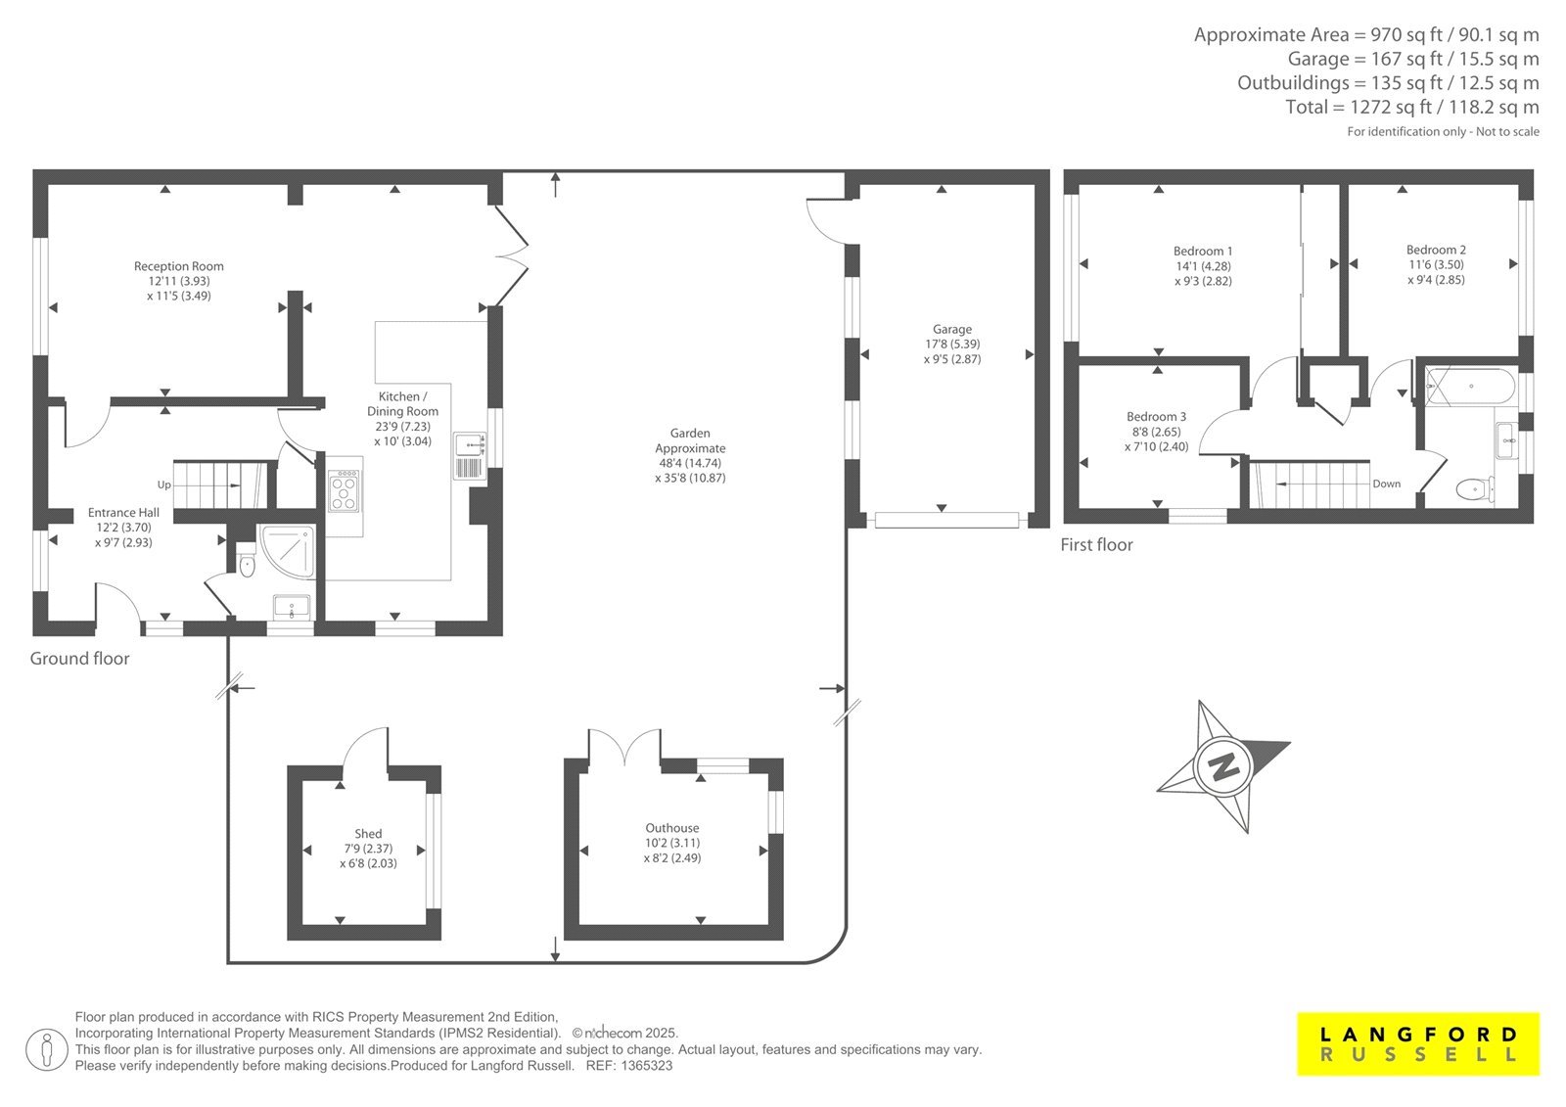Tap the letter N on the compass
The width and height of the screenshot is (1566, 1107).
pos(1222,767)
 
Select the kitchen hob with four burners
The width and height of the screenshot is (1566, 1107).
pos(345,491)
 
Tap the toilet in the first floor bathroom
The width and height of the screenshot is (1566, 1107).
pos(1475,488)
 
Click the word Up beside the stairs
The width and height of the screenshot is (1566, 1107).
pos(164,484)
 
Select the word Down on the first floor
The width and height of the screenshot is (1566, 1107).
pos(1386,484)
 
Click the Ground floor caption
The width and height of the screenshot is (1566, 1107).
pos(79,659)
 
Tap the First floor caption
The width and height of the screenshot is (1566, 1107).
pos(1096,545)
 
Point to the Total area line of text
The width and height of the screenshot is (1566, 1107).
pos(1412,107)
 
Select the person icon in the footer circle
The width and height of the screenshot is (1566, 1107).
pos(47,1050)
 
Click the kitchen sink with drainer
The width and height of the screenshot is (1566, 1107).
pos(470,456)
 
